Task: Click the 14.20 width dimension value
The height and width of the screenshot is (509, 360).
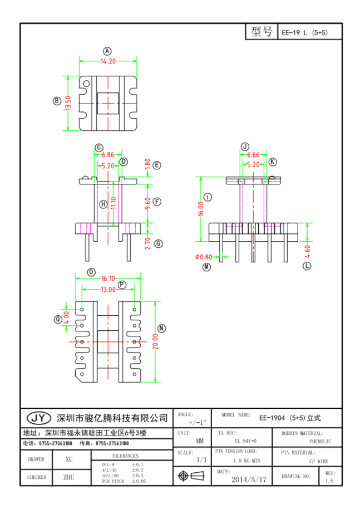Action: tap(108, 61)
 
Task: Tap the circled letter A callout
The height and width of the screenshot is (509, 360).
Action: tap(108, 51)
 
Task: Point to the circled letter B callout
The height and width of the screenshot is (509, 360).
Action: tap(56, 101)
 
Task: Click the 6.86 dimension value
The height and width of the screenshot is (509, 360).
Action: tap(108, 155)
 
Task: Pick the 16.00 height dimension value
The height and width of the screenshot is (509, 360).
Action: tap(201, 209)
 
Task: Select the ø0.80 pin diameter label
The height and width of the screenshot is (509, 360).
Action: tap(203, 257)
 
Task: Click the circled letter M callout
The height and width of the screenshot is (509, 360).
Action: tap(207, 267)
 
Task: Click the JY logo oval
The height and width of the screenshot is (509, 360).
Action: tap(39, 418)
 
